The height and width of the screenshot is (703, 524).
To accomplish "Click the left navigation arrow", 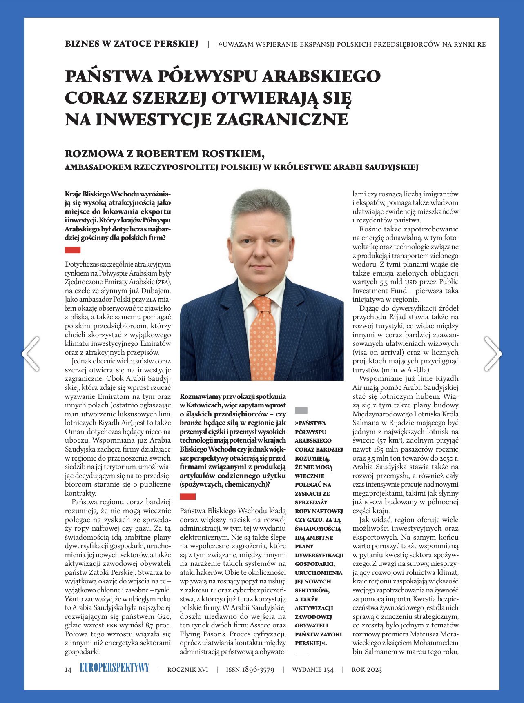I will coord(31,354).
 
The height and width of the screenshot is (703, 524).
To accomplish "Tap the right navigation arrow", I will coord(493,354).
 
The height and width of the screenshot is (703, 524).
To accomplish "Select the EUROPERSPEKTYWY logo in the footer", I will coord(114,668).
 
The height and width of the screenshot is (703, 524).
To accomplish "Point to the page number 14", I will coord(68,670).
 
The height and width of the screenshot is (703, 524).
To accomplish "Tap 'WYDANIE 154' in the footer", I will coord(312,670).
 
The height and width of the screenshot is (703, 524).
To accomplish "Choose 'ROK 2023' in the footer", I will coord(366,670).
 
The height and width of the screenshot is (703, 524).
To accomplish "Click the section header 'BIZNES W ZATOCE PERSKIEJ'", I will coord(132,44).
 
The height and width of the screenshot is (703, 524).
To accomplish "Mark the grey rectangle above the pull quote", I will coord(301,410).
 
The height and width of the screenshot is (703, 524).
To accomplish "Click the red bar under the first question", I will coord(73,250).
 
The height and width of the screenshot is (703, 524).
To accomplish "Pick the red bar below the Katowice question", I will coord(187,496).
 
